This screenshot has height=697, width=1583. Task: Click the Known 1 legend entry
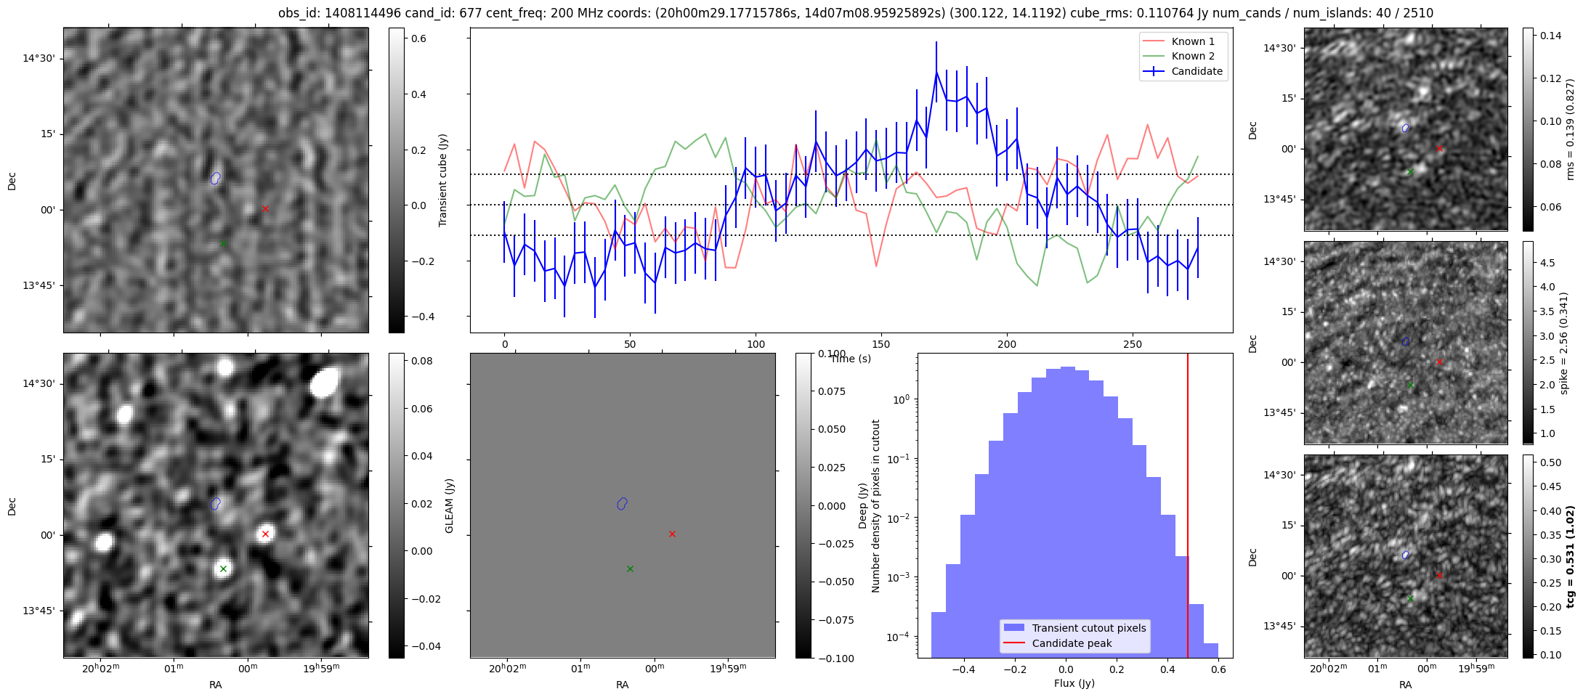pos(1192,41)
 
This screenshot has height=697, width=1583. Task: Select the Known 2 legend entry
pos(1192,56)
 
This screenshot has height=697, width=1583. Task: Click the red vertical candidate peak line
pos(1188,508)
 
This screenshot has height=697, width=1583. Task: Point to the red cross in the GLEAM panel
pos(265,534)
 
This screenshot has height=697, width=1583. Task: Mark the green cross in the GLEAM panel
pos(223,568)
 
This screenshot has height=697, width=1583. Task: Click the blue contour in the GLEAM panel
pos(215,503)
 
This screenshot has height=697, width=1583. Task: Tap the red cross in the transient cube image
pos(265,208)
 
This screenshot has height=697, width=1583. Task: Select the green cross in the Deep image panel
pos(630,568)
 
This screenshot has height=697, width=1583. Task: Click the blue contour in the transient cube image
pos(215,178)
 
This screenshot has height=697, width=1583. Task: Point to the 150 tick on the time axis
pos(881,344)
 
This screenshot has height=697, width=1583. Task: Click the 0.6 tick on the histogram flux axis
pos(1218,669)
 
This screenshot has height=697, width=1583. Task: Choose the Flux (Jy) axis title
pos(1074,683)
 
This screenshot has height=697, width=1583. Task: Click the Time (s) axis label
pos(851,359)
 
